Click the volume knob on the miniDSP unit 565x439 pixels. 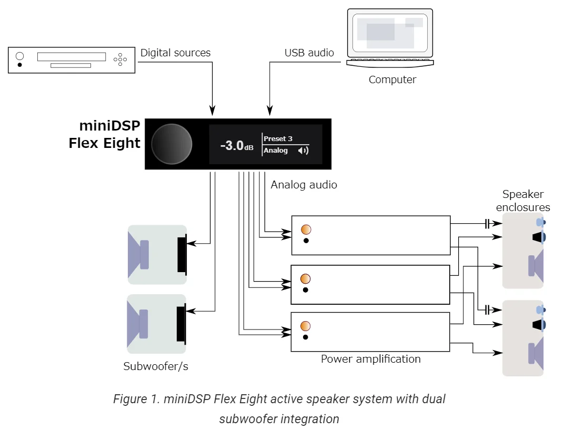coord(171,144)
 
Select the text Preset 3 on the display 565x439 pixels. coord(278,138)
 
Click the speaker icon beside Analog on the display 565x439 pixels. coord(302,151)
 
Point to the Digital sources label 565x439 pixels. coord(175,53)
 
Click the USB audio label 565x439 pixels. coord(309,53)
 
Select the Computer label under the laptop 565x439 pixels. coord(392,80)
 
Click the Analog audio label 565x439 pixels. coord(304,185)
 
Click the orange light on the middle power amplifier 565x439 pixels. coord(305,279)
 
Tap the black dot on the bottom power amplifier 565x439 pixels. coord(306,337)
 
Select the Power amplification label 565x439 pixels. coord(370,359)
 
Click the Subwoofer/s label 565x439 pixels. coord(156,366)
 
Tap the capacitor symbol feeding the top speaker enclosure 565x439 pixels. coord(487,224)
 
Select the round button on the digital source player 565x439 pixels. coord(20,56)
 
